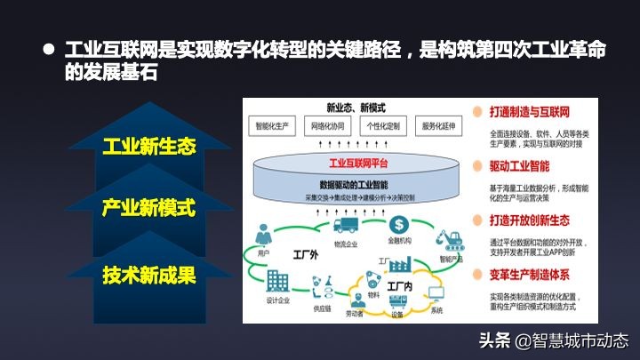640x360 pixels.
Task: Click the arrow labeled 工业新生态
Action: pos(148,145)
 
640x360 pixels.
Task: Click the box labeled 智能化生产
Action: pos(271,126)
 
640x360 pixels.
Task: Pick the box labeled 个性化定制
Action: pos(384,126)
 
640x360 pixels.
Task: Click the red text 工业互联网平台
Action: pos(352,163)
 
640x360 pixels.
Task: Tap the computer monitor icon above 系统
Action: pos(436,294)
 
